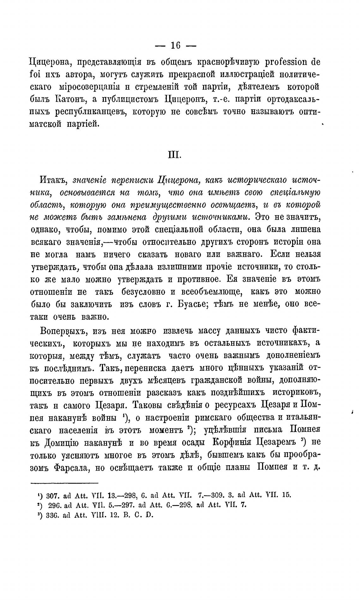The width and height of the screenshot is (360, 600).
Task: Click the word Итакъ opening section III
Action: click(x=54, y=181)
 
